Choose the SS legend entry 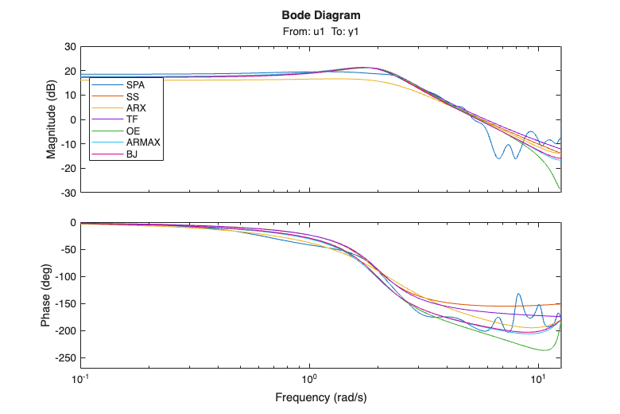point(133,96)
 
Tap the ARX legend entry point(135,107)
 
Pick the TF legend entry point(132,119)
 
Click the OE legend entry point(133,130)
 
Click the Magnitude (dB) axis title point(52,119)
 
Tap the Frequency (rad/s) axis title point(320,396)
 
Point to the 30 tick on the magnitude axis point(70,47)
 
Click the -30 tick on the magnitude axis point(68,192)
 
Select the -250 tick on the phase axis point(65,357)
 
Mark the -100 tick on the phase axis point(65,276)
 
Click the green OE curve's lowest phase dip point(544,350)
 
